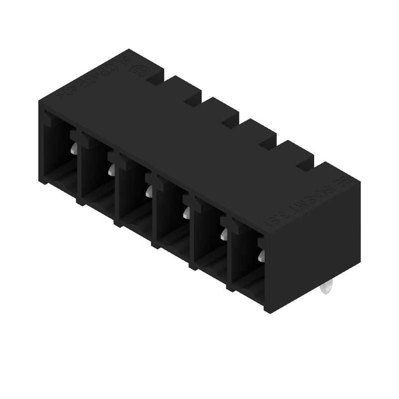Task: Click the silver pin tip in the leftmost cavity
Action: (73, 148)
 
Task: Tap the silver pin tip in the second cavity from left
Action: (111, 171)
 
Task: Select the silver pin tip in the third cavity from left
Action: (149, 192)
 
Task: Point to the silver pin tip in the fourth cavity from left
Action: (186, 213)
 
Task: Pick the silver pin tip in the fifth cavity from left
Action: (223, 234)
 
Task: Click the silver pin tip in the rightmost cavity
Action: (261, 256)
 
